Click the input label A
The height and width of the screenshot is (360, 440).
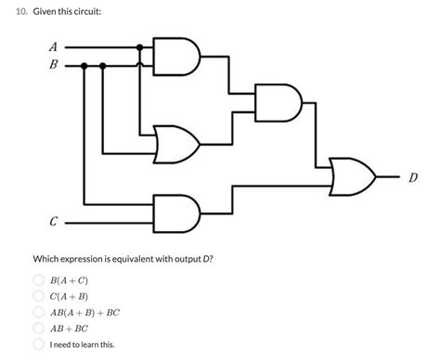coord(53,46)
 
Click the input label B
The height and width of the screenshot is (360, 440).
coord(53,65)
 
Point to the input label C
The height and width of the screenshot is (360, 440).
coord(53,222)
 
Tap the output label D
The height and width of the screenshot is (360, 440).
coord(412,176)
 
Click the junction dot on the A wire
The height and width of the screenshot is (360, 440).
coord(140,46)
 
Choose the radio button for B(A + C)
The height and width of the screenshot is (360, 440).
coord(40,279)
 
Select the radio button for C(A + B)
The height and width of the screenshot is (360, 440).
coord(40,296)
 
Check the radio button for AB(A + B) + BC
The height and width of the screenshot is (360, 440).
coord(40,313)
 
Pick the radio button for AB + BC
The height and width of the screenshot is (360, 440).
coord(40,328)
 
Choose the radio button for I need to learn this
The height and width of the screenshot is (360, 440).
coord(40,345)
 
